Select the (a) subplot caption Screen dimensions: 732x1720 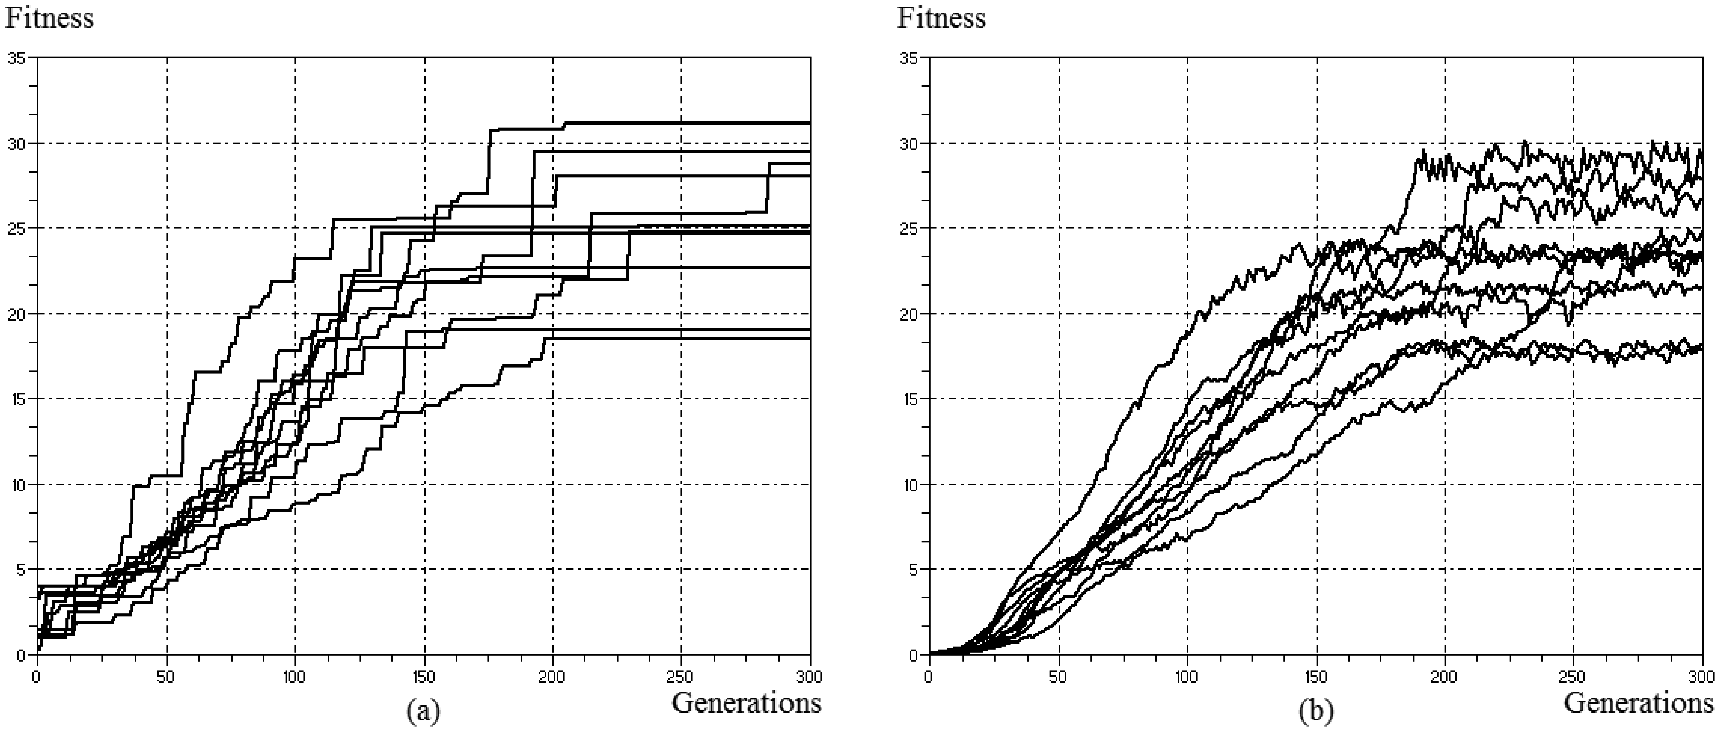tap(423, 712)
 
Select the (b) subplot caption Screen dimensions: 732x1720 tap(1315, 712)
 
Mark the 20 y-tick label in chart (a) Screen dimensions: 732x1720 tap(17, 314)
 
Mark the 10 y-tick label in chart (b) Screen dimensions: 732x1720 tap(909, 484)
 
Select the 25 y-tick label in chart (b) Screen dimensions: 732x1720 tap(909, 228)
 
